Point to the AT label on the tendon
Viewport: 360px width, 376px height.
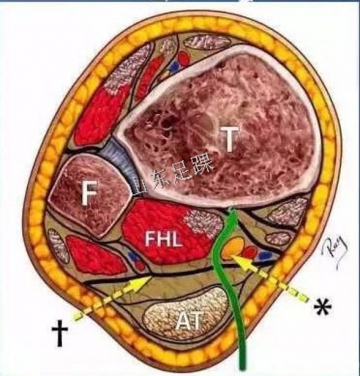click(188, 321)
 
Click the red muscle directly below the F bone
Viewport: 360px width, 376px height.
click(90, 253)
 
